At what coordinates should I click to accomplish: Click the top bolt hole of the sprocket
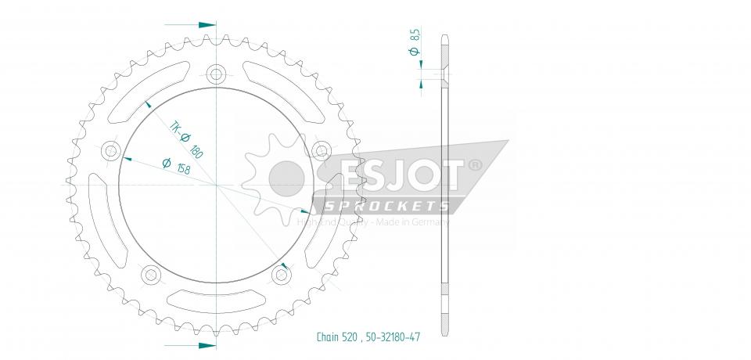(x=215, y=75)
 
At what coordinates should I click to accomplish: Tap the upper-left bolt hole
(x=110, y=150)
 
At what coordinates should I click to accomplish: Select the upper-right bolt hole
(x=320, y=150)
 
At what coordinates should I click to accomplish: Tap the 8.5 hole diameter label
(x=415, y=36)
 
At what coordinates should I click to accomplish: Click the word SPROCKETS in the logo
(x=386, y=206)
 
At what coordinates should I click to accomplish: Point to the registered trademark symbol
(x=475, y=166)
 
